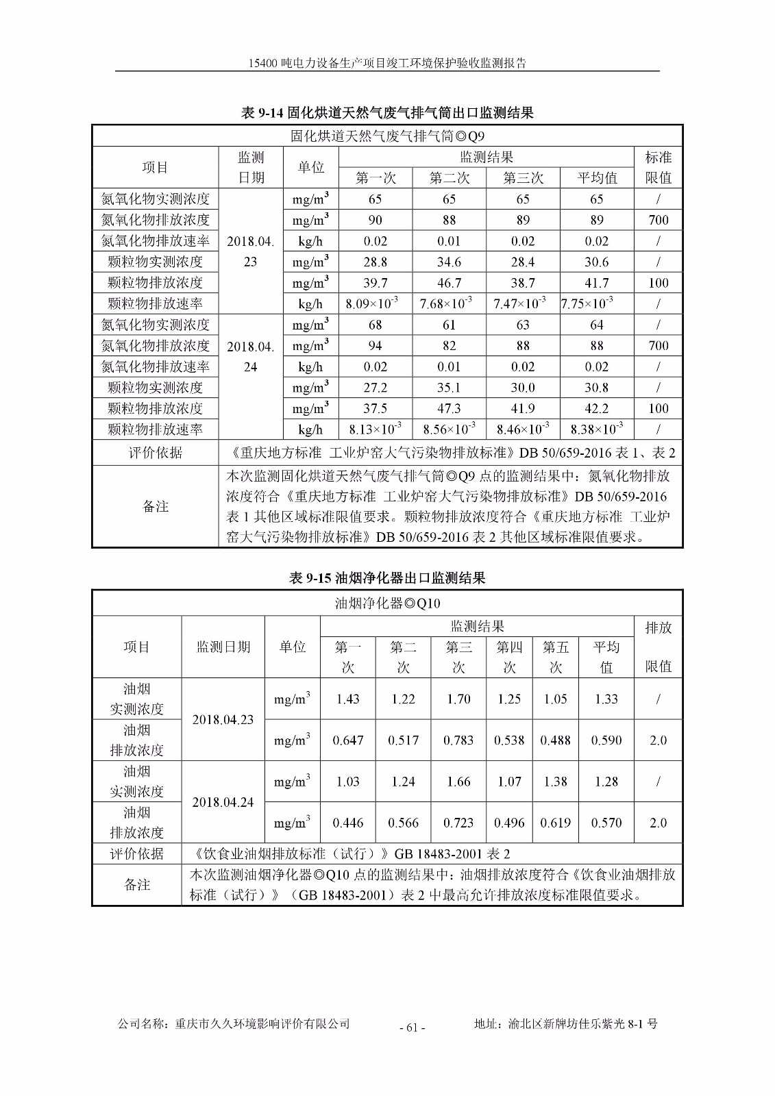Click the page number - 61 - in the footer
click(412, 1027)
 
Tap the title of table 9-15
click(387, 578)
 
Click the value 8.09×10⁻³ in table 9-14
click(375, 303)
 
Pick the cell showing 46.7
click(449, 283)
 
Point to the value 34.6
click(449, 262)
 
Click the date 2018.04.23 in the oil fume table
click(223, 720)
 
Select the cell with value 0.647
click(347, 740)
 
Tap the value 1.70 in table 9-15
click(458, 699)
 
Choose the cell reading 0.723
click(458, 823)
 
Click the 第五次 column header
click(556, 656)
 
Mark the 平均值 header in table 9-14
click(597, 178)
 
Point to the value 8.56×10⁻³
click(449, 429)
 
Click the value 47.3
click(449, 408)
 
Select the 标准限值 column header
click(659, 167)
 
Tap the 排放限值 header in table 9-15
click(659, 647)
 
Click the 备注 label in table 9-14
click(156, 506)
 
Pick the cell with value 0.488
click(556, 740)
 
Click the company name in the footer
click(234, 1024)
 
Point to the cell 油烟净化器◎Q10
click(387, 603)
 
